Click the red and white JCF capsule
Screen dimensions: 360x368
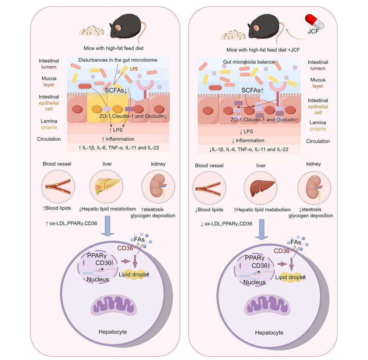(x=315, y=20)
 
